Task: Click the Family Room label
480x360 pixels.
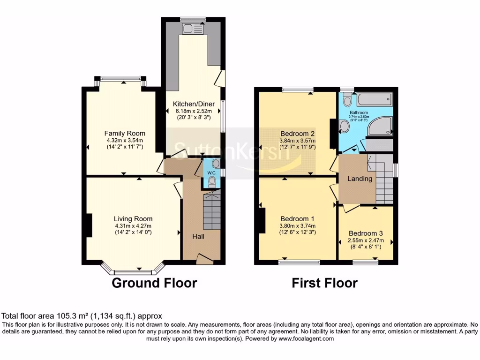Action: (124, 133)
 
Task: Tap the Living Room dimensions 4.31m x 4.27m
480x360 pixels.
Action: (133, 225)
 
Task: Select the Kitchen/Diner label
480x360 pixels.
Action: (194, 104)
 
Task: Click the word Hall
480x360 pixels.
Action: (198, 237)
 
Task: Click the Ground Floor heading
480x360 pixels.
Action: (154, 283)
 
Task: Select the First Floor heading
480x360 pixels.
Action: (324, 283)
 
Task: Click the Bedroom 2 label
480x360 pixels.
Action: (297, 133)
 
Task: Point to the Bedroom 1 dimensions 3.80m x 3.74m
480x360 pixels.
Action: (297, 225)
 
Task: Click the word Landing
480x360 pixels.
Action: (360, 179)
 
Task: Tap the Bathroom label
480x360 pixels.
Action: (358, 113)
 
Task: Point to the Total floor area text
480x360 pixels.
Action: (82, 316)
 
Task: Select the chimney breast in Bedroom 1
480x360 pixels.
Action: (261, 220)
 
